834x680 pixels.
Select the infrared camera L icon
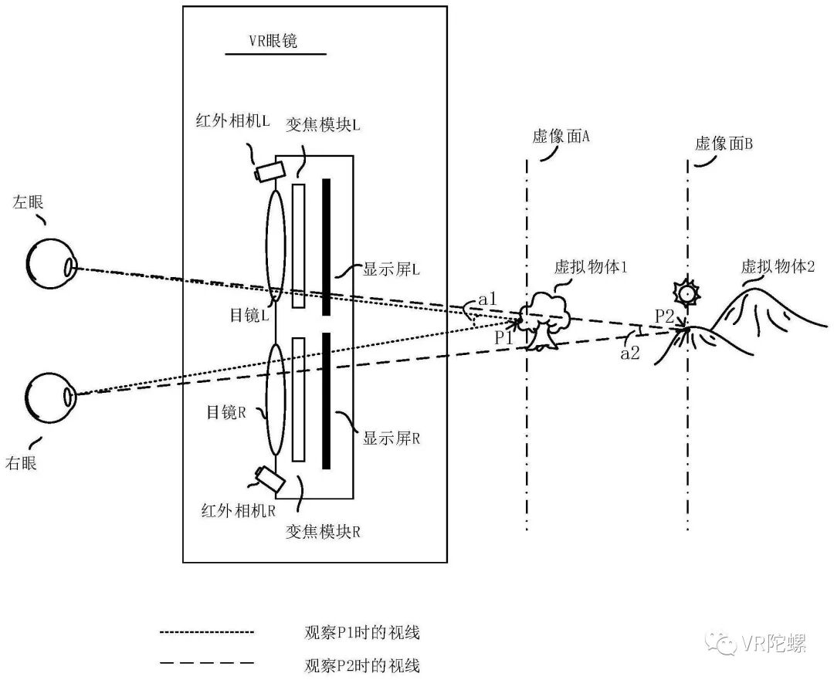267,171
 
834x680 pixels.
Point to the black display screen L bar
327,247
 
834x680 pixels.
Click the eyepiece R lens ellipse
276,401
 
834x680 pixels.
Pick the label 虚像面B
724,143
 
